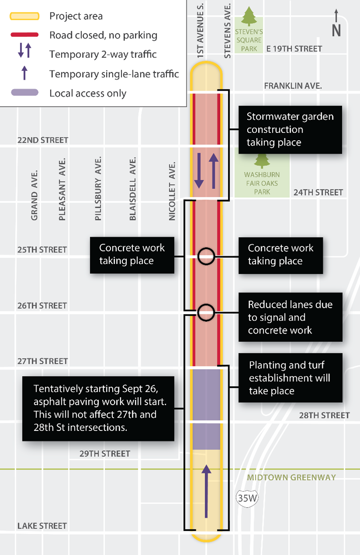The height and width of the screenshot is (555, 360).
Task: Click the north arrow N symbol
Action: pyautogui.click(x=336, y=25)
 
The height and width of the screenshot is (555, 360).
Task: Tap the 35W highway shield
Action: pyautogui.click(x=244, y=498)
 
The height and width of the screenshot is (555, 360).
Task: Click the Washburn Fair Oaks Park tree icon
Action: pyautogui.click(x=263, y=160)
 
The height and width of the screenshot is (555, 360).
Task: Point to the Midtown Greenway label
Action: pyautogui.click(x=291, y=477)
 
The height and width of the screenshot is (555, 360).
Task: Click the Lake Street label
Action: pyautogui.click(x=42, y=526)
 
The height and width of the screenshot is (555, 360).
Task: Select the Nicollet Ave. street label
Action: pyautogui.click(x=172, y=191)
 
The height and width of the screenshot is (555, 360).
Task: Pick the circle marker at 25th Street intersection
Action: pyautogui.click(x=206, y=256)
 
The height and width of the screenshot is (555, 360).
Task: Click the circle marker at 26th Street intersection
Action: pyautogui.click(x=206, y=312)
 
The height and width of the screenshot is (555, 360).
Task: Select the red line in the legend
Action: pyautogui.click(x=25, y=35)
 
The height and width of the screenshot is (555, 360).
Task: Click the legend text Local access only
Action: pyautogui.click(x=88, y=93)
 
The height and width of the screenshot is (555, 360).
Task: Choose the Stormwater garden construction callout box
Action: pyautogui.click(x=290, y=129)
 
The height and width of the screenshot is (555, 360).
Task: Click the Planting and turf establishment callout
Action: pyautogui.click(x=290, y=377)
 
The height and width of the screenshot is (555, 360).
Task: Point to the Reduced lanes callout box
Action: pyautogui.click(x=290, y=317)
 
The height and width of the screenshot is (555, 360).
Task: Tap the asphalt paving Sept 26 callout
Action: pyautogui.click(x=101, y=408)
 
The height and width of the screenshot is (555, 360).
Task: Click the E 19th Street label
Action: pyautogui.click(x=294, y=49)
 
